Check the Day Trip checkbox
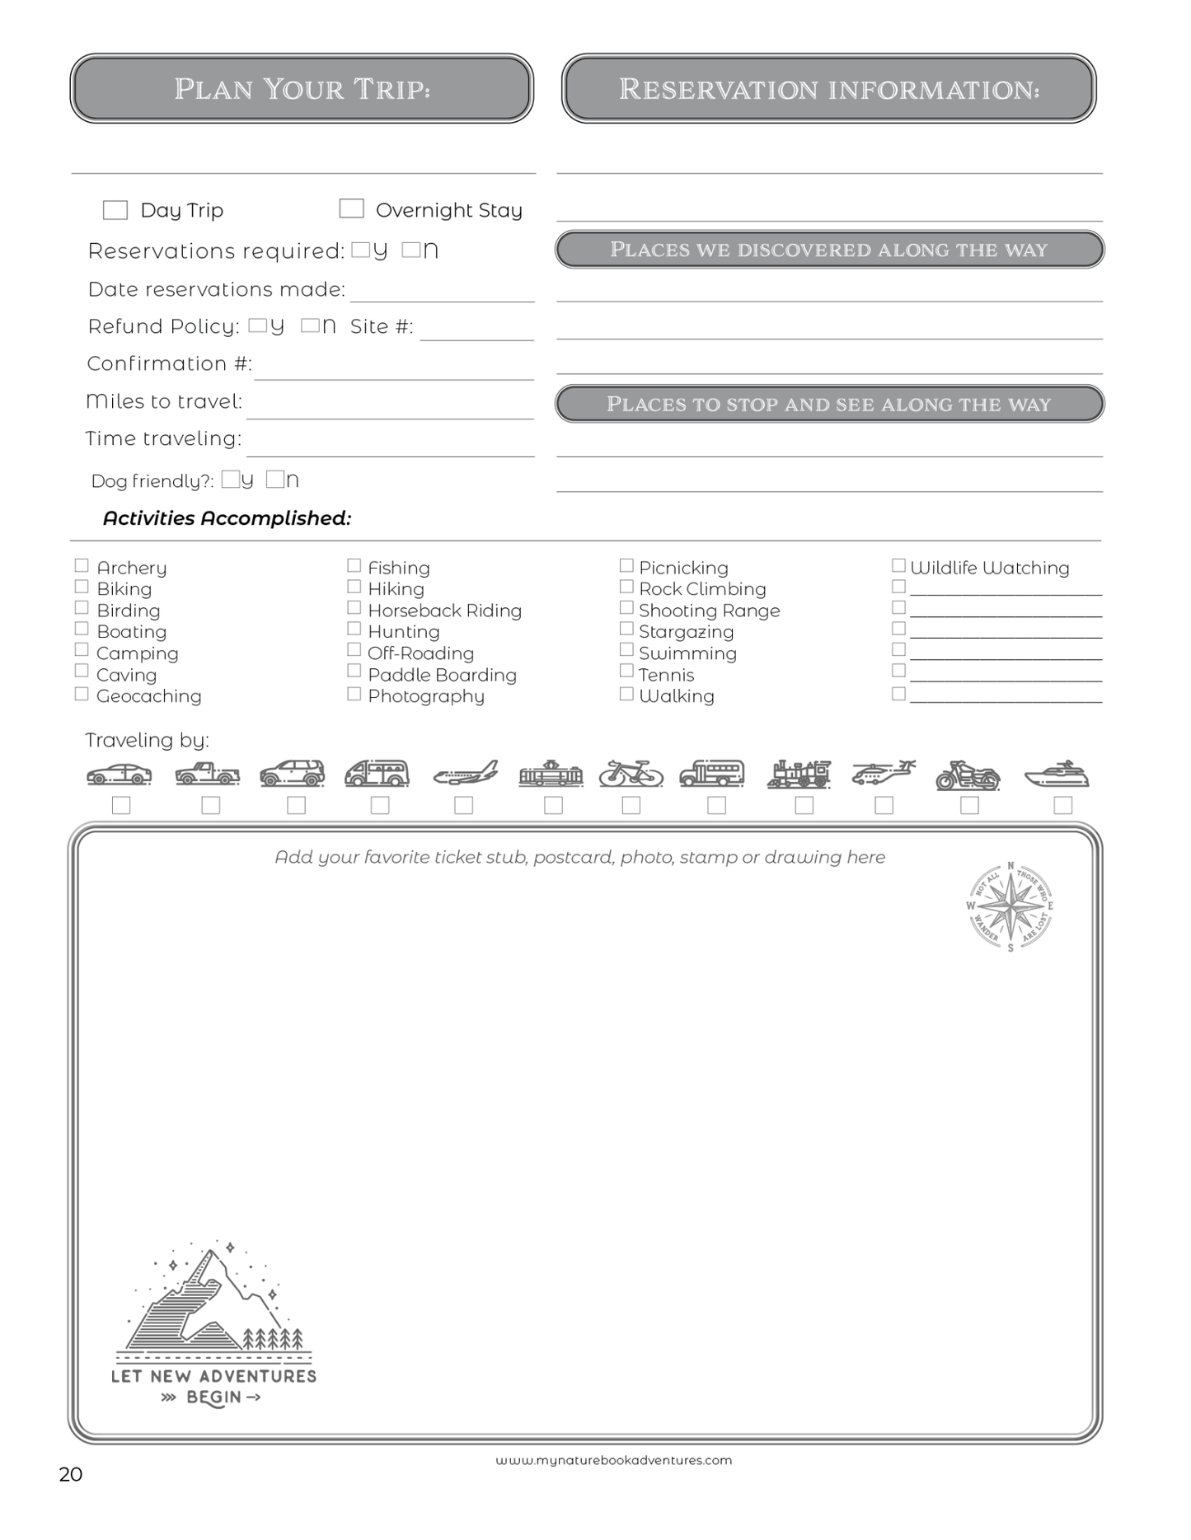pyautogui.click(x=115, y=210)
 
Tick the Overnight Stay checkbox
pyautogui.click(x=352, y=208)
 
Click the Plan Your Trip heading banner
pyautogui.click(x=302, y=89)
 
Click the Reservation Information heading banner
pyautogui.click(x=828, y=89)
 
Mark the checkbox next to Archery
pyautogui.click(x=82, y=565)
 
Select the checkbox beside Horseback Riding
pyautogui.click(x=354, y=607)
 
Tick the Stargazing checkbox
pyautogui.click(x=626, y=629)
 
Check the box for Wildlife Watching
pyautogui.click(x=898, y=565)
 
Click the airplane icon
pyautogui.click(x=466, y=774)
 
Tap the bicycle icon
pyautogui.click(x=631, y=774)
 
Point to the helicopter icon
pyautogui.click(x=884, y=773)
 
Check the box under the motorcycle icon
pyautogui.click(x=970, y=805)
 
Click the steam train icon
pyautogui.click(x=799, y=774)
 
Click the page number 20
pyautogui.click(x=71, y=1474)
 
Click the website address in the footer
pyautogui.click(x=613, y=1460)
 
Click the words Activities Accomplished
pyautogui.click(x=227, y=518)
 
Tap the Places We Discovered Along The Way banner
pyautogui.click(x=829, y=250)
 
